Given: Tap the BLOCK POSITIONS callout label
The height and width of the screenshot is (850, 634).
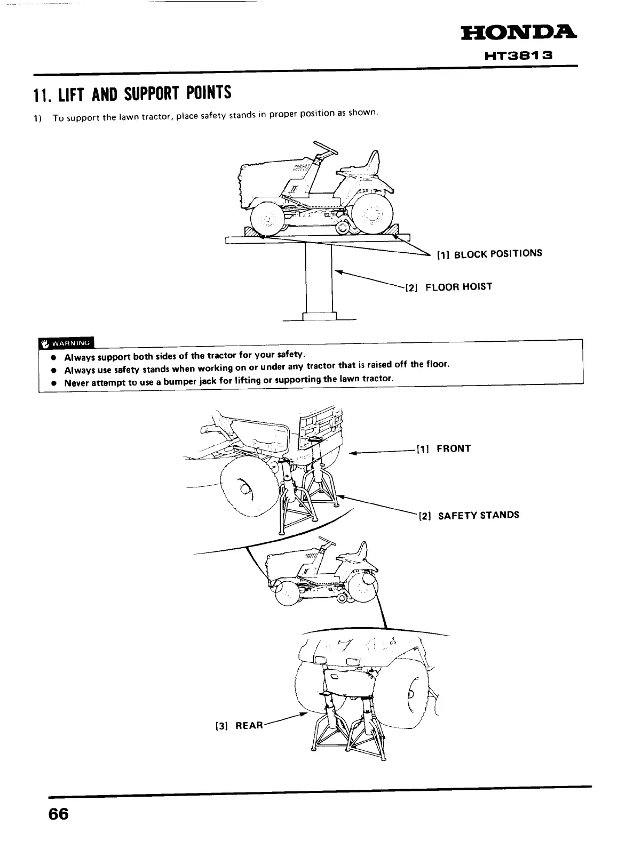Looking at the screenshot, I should (x=489, y=254).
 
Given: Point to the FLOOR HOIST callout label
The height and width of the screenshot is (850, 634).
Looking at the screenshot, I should (x=449, y=287).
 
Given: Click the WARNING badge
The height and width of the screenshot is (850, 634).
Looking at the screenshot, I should (x=66, y=342).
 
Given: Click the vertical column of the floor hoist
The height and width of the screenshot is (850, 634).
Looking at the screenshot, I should (x=318, y=280).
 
